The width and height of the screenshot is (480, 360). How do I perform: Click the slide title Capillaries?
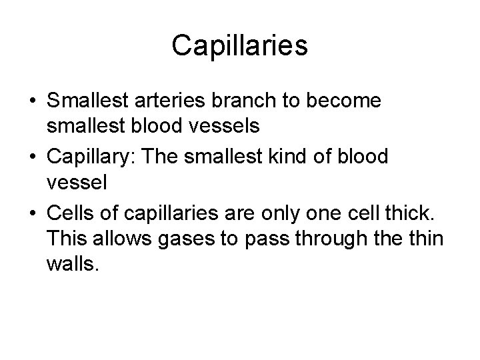pyautogui.click(x=240, y=46)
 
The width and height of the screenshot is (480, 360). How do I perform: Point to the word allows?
pyautogui.click(x=121, y=238)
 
